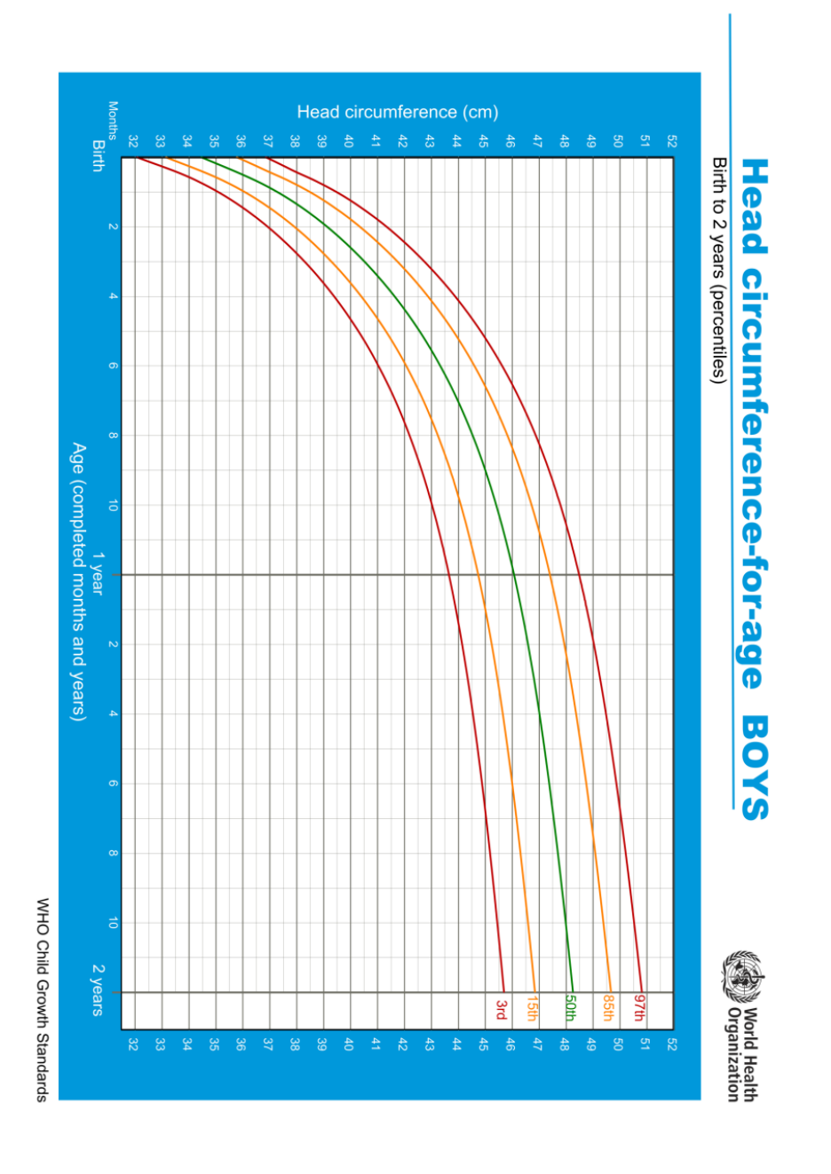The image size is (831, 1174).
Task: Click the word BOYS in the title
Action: click(x=755, y=768)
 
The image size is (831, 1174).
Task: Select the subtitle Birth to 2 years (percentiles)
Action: click(x=719, y=271)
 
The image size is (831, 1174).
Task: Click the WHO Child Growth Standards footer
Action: click(x=42, y=999)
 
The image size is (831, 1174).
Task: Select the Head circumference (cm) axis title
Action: click(x=398, y=112)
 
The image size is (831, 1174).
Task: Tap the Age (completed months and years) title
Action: click(x=79, y=581)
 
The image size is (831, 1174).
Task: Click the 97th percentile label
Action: click(x=639, y=1008)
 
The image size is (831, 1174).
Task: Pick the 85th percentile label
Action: click(x=608, y=1008)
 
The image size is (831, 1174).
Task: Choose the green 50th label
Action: click(x=570, y=1008)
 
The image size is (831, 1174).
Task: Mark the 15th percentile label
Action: click(x=532, y=1008)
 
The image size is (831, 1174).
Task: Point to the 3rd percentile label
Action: click(x=502, y=1009)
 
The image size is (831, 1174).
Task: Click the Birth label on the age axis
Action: click(x=99, y=155)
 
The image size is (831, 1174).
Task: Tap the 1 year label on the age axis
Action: click(x=98, y=574)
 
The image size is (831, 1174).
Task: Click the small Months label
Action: click(x=113, y=121)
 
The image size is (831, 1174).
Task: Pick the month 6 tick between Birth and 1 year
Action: click(x=113, y=366)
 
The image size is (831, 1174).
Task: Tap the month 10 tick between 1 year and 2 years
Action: click(x=113, y=924)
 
